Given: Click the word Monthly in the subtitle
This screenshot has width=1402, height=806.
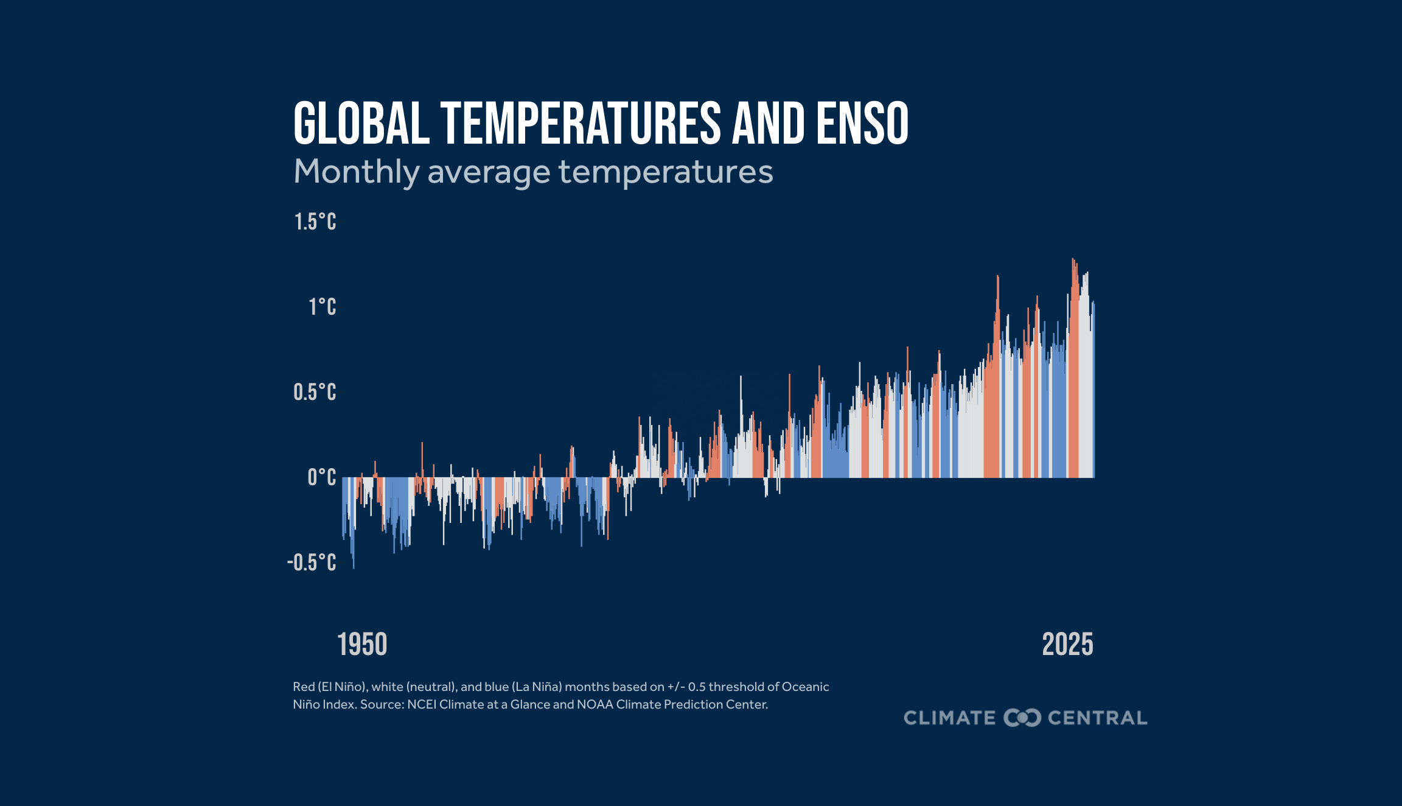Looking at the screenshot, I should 356,172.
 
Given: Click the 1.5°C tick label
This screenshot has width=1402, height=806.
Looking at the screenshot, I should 315,222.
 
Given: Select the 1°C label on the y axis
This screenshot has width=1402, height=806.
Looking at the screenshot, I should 322,307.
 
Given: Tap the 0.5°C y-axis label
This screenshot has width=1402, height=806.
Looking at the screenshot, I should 315,393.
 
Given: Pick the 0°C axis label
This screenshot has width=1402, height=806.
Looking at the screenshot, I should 321,478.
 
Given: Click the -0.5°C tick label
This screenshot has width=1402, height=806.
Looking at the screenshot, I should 312,563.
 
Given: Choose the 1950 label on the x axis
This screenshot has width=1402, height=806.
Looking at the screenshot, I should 362,645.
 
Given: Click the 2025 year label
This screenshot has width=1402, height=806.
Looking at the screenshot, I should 1067,645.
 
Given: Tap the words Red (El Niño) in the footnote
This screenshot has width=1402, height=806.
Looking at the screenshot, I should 329,687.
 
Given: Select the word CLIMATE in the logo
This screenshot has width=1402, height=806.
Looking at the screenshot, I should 949,718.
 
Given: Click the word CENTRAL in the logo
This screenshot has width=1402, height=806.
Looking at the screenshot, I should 1097,718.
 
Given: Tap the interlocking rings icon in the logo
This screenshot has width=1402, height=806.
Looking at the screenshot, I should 1022,718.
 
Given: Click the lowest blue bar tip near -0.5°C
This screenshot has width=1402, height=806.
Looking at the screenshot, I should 354,567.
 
